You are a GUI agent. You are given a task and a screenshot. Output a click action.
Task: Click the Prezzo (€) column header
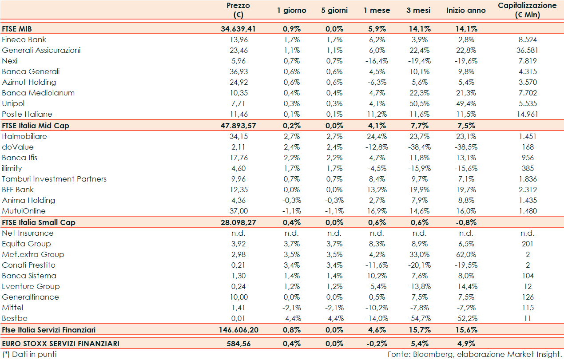[238, 10]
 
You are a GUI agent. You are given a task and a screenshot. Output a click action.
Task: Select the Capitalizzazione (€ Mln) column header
[527, 10]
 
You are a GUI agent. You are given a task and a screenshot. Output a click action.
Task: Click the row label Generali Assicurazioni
[41, 51]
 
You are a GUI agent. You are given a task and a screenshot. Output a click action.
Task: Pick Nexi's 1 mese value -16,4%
[377, 61]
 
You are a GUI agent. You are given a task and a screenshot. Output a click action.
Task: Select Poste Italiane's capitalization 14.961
[527, 115]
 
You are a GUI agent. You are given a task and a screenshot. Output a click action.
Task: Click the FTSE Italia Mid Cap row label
[36, 126]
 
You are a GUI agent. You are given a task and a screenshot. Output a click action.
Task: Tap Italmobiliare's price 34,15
[238, 136]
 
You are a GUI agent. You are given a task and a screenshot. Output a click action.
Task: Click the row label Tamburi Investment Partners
[54, 179]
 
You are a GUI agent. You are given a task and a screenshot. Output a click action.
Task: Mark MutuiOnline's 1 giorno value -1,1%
[292, 211]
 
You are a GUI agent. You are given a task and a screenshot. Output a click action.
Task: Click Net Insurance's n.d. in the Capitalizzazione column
[527, 233]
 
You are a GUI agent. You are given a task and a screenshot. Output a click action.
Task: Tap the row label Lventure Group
[31, 286]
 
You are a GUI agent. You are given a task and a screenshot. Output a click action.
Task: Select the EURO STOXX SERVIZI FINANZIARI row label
[60, 344]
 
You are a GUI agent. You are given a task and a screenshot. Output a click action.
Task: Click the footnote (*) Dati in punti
[29, 354]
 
